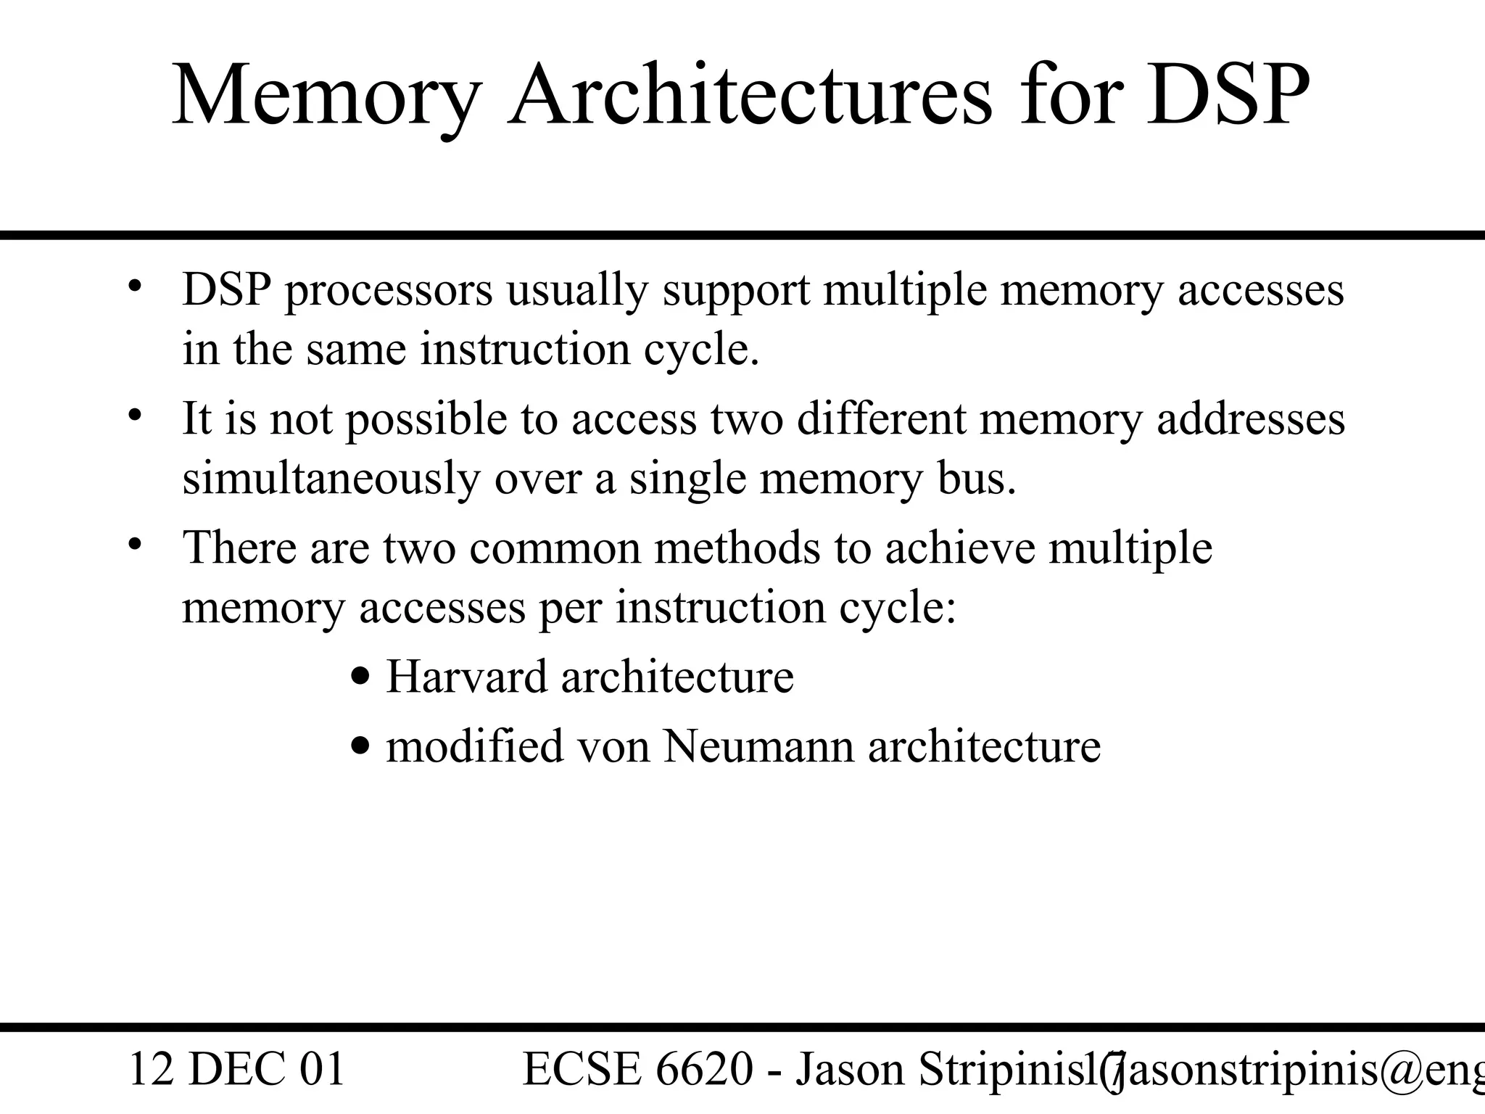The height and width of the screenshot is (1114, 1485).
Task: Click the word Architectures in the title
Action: pyautogui.click(x=750, y=96)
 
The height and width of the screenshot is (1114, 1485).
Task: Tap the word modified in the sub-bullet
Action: pyautogui.click(x=474, y=747)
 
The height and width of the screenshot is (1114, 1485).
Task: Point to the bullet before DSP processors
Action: pyautogui.click(x=134, y=285)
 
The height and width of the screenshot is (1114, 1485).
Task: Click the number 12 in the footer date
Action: pyautogui.click(x=152, y=1070)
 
